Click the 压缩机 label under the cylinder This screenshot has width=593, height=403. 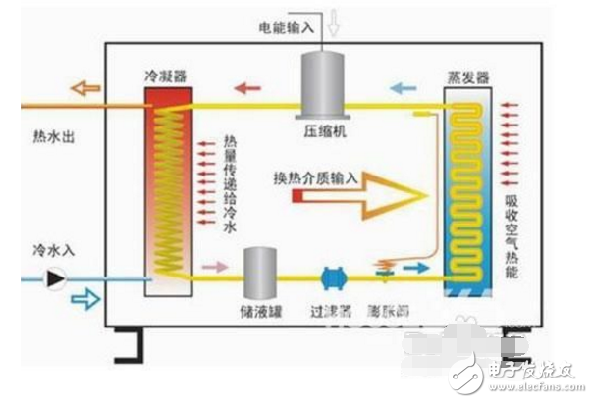click(x=322, y=129)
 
